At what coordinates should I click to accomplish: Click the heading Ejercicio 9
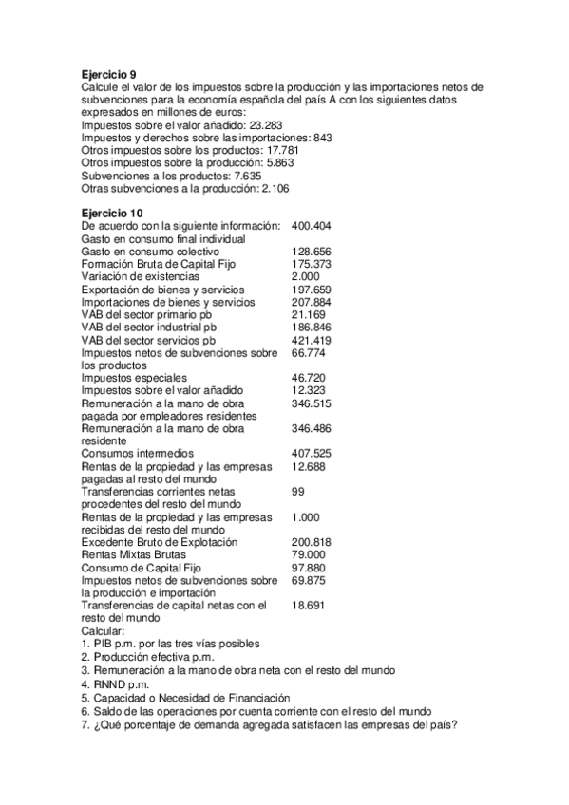[109, 74]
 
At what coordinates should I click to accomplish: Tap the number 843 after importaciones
[323, 138]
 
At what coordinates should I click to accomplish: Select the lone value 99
[298, 491]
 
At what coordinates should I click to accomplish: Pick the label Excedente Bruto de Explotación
[160, 542]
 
